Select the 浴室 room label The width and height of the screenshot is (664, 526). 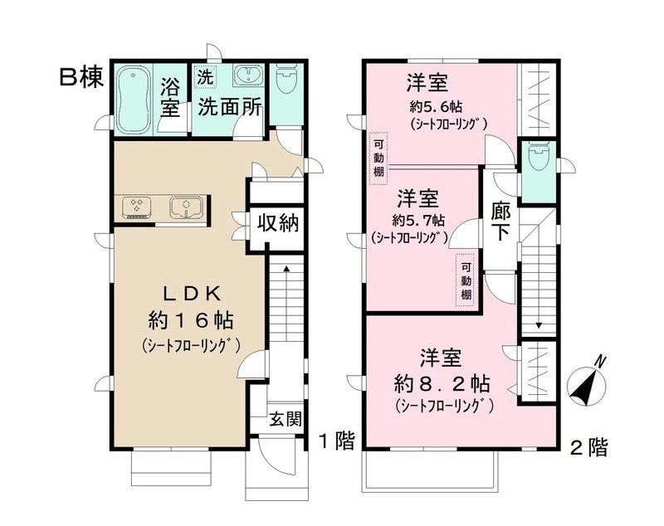tap(171, 96)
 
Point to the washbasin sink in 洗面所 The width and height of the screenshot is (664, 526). tap(248, 77)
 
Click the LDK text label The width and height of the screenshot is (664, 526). tap(189, 292)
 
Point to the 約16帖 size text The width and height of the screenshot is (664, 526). tap(190, 319)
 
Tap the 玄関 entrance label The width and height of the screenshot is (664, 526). tap(285, 419)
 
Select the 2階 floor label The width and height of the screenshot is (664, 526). tap(588, 448)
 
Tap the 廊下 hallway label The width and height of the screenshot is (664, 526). tap(500, 221)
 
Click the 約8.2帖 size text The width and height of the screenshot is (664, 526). tap(440, 384)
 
